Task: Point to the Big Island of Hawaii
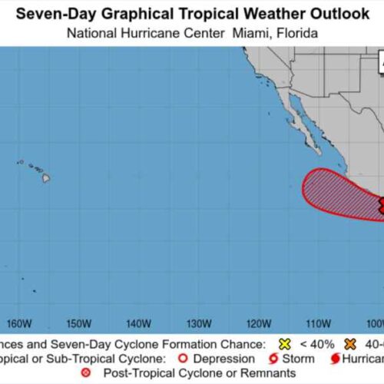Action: click(x=46, y=178)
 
